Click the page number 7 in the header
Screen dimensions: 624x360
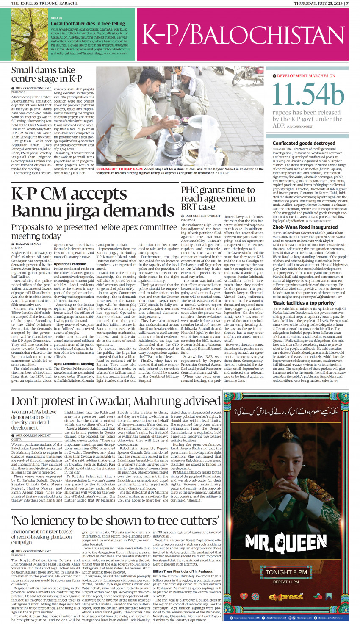click(347, 3)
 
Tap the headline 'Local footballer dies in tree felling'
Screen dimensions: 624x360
click(88, 24)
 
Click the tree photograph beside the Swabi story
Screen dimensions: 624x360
click(30, 34)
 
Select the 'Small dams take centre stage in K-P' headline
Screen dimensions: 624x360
click(47, 74)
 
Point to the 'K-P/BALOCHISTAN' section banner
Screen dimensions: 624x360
click(243, 34)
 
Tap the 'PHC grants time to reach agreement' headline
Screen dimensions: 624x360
click(218, 198)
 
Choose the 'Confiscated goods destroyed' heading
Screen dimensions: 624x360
click(304, 143)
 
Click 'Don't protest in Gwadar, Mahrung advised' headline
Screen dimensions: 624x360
click(116, 401)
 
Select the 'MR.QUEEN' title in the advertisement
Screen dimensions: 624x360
click(286, 543)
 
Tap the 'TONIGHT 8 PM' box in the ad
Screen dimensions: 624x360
click(286, 572)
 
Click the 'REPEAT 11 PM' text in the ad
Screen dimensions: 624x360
click(286, 582)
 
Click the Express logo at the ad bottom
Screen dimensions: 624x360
click(286, 597)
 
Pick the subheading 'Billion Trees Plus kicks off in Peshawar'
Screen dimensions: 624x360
click(183, 571)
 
